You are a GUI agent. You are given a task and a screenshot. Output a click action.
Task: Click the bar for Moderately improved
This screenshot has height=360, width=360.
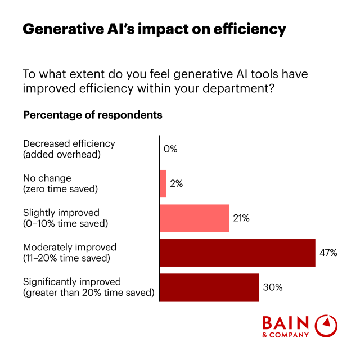[x=237, y=253]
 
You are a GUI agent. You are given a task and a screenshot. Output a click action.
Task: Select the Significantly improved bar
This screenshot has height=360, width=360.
[x=209, y=287]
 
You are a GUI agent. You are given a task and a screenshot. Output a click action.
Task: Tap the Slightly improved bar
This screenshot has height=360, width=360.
[x=195, y=218]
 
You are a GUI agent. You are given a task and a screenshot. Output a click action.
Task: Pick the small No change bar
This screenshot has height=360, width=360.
[x=163, y=183]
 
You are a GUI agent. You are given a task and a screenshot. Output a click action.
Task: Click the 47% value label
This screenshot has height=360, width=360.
[x=329, y=253]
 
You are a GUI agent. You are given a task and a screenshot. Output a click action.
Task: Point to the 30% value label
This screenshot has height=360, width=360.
[x=273, y=287]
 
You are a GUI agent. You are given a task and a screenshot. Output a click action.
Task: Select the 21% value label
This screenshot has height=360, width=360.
[x=241, y=218]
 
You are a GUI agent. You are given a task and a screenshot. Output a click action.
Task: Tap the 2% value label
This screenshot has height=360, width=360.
[x=177, y=183]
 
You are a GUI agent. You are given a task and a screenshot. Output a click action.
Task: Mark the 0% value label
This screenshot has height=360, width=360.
[x=170, y=149]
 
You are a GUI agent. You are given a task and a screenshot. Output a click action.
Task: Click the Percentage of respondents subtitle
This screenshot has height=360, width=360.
[x=93, y=115]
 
